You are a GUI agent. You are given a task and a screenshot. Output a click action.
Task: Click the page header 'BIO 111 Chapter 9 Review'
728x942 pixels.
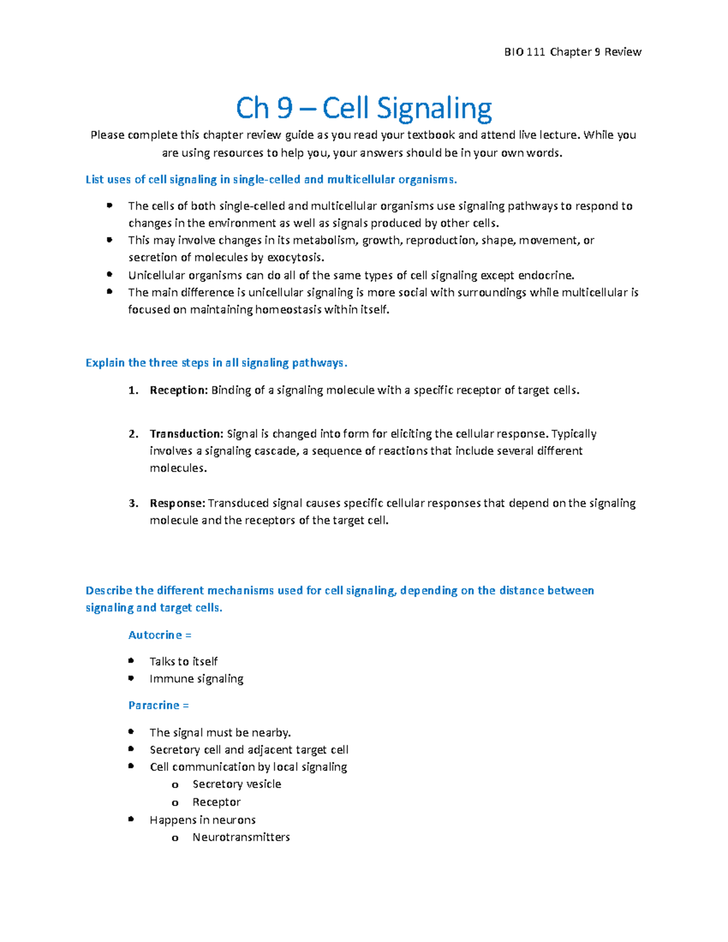(572, 52)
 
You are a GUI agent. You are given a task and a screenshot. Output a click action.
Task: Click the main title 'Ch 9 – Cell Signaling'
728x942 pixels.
(363, 109)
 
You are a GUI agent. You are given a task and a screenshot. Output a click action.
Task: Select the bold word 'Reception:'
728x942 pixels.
(178, 391)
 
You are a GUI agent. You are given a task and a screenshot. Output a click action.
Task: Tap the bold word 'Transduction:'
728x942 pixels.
(186, 434)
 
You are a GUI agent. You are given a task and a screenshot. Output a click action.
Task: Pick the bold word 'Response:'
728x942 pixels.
(177, 503)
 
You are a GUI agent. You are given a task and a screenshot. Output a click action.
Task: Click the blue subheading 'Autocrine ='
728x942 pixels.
(160, 635)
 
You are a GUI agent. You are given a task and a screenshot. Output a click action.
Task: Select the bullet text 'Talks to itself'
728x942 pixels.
(183, 662)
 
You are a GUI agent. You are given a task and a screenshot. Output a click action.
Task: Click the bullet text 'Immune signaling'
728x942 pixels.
(196, 679)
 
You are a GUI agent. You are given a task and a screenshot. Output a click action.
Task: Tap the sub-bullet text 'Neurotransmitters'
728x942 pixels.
(241, 837)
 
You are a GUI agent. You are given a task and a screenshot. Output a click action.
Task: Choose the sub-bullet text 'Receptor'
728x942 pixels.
(217, 802)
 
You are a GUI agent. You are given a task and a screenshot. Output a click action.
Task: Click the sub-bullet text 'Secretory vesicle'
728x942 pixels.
(237, 784)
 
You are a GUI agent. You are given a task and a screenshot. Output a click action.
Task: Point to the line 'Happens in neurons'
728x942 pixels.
(202, 820)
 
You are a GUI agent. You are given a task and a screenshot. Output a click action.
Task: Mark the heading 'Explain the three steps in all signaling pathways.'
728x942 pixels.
(216, 363)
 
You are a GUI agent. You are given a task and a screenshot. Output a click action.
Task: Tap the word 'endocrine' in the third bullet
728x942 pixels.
(545, 275)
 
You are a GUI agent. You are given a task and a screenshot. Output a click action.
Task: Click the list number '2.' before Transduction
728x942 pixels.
(133, 434)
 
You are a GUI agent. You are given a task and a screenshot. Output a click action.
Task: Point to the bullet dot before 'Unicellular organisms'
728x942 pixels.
(109, 275)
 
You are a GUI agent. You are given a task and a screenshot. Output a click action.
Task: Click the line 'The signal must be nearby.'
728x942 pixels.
(220, 733)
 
